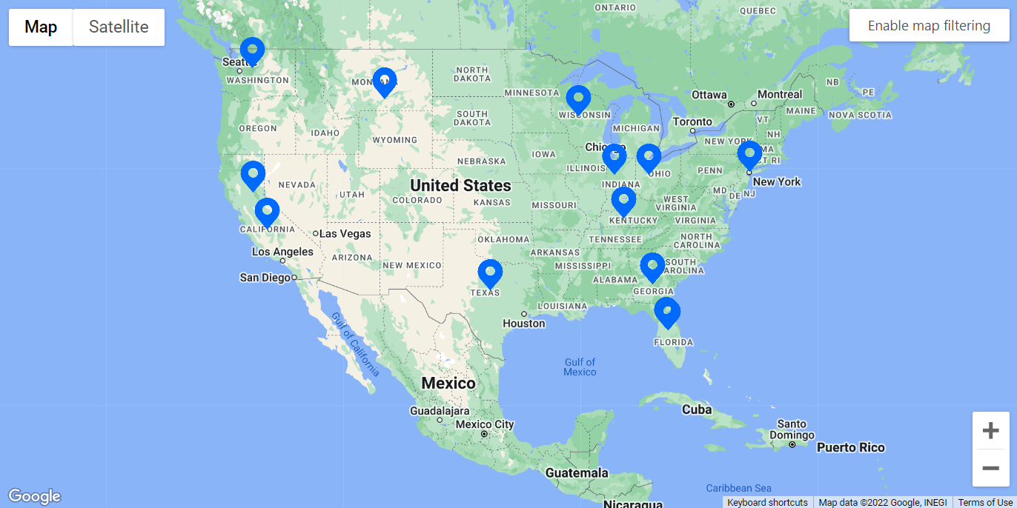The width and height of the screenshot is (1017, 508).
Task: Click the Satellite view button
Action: (x=119, y=27)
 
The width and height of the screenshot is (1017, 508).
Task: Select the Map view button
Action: (x=41, y=27)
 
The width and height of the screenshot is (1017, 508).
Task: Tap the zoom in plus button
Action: (x=990, y=431)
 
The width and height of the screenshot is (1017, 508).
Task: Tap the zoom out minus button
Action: (x=990, y=468)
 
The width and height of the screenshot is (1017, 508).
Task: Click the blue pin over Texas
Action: (x=490, y=273)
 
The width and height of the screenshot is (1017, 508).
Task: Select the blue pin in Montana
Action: (x=384, y=81)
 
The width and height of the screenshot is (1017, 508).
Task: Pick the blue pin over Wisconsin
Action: (x=578, y=99)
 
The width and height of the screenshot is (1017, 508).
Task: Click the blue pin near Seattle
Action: (x=252, y=51)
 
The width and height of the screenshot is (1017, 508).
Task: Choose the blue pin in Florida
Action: (x=667, y=312)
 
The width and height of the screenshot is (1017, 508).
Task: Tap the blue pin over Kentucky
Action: (x=623, y=201)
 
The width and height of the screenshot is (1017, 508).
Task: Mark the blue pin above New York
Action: (x=749, y=155)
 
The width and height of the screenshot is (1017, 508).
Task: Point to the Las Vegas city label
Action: (x=345, y=233)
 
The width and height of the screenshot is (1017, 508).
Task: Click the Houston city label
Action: (x=523, y=323)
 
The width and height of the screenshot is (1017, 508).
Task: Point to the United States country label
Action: (x=460, y=185)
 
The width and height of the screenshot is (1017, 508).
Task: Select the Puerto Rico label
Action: (x=850, y=447)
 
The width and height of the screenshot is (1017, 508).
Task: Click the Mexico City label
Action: (x=484, y=424)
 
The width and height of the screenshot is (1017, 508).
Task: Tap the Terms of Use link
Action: (x=985, y=502)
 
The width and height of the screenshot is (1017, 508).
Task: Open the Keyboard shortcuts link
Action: (x=767, y=502)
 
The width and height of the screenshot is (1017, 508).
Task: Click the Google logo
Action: (x=34, y=496)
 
